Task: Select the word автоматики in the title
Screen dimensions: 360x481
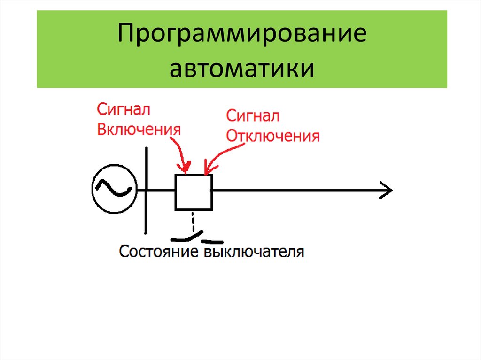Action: point(241,68)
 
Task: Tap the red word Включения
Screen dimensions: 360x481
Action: point(139,130)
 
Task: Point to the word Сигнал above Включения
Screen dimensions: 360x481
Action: point(124,110)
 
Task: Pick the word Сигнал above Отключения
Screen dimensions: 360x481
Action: point(253,116)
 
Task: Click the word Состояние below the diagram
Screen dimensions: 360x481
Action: point(160,252)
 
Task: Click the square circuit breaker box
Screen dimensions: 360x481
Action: point(194,192)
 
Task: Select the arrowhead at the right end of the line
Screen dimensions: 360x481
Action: point(386,191)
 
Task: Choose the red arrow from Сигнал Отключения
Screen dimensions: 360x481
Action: point(221,155)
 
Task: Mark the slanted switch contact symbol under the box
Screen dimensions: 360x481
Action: point(188,235)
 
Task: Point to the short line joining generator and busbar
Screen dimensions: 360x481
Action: point(140,191)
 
